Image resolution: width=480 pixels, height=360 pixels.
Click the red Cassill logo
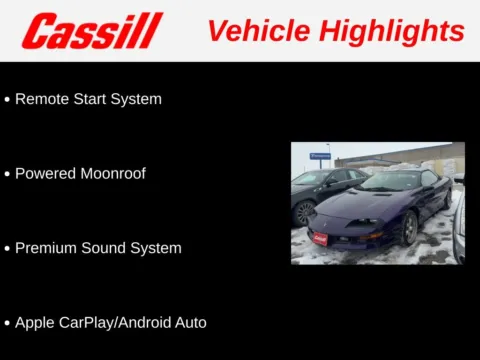(x=92, y=31)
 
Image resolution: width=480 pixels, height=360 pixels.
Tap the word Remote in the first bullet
(x=43, y=99)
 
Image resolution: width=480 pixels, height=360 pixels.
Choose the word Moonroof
(x=112, y=174)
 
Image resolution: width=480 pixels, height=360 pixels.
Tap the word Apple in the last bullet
(x=35, y=323)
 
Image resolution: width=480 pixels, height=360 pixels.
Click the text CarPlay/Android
(x=116, y=323)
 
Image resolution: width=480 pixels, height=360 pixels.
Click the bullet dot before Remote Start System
(x=8, y=100)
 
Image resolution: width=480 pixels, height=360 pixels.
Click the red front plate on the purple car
(x=320, y=238)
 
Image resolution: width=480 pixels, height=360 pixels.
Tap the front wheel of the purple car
(x=409, y=229)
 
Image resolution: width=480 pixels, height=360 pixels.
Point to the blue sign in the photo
(x=320, y=156)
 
